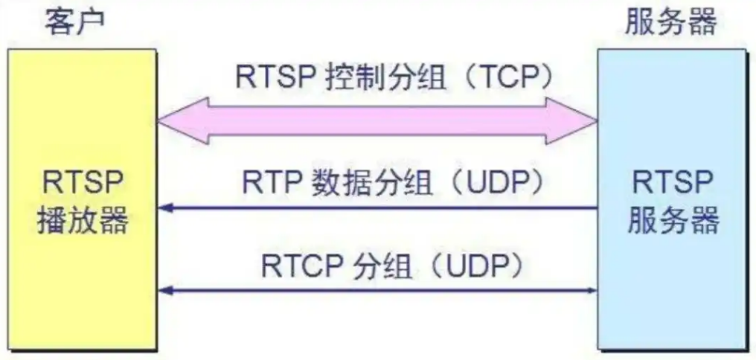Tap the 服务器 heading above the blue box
pos(670,22)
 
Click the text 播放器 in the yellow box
pos(82,219)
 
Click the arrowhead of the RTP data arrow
pos(165,208)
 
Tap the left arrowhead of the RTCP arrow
pos(165,289)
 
